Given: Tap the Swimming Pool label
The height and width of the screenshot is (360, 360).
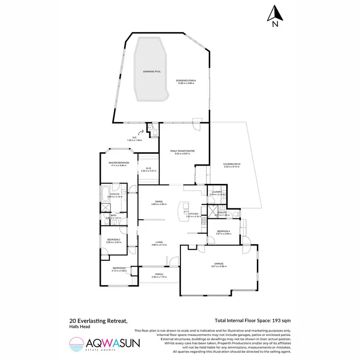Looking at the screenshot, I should coord(152,72).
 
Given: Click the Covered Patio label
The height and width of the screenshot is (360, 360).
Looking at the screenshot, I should coord(231,164).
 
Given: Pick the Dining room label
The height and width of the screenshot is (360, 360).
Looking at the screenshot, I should coord(159,202).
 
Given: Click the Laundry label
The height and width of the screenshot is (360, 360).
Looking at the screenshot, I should coord(215,192).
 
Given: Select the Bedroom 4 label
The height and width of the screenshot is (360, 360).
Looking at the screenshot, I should coord(224,232).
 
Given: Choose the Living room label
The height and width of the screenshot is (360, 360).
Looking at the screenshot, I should coord(159,243).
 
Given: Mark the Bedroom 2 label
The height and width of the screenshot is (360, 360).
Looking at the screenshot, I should coord(114,240).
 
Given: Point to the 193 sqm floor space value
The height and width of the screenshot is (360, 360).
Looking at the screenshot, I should coord(280,320).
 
